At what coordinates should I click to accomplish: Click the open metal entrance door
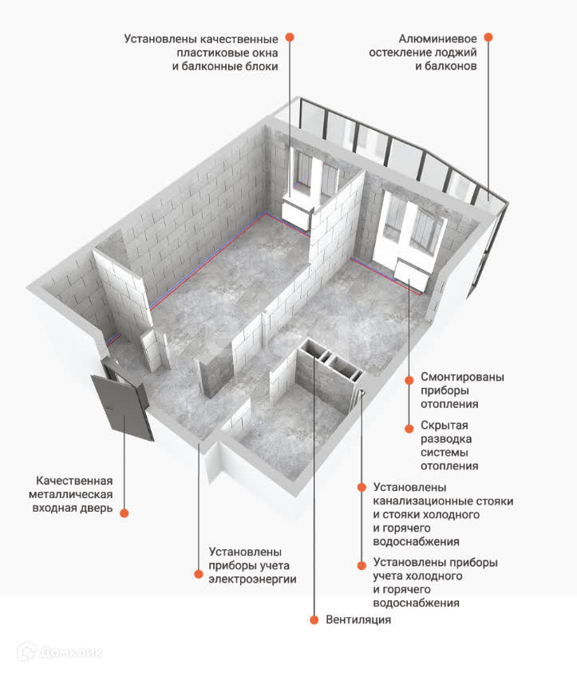(x=123, y=403)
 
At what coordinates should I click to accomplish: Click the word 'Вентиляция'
(x=358, y=620)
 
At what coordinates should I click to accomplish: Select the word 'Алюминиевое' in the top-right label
(x=438, y=38)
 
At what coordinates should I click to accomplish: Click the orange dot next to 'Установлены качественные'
(x=290, y=37)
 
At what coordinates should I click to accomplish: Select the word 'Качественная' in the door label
(x=74, y=481)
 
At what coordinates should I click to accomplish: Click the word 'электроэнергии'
(x=252, y=580)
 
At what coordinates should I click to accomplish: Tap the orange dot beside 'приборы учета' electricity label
(x=199, y=572)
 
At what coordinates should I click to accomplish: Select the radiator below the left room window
(x=296, y=211)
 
